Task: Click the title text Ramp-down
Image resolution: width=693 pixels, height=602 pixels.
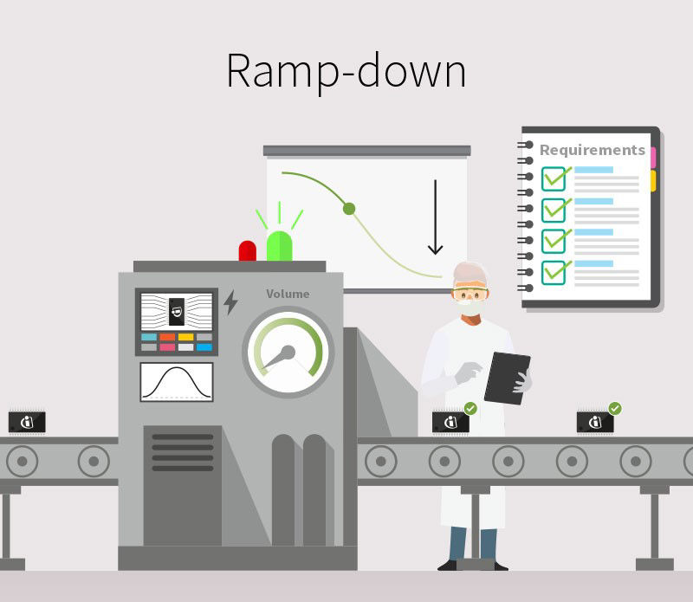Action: point(346,70)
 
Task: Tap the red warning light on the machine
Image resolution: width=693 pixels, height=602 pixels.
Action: point(248,250)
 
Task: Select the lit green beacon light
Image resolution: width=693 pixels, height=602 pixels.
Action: point(279,245)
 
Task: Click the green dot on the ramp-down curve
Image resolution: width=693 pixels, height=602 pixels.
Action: point(349,208)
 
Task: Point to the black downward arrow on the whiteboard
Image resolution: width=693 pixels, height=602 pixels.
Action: point(435,217)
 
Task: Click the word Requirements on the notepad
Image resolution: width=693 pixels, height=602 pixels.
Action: point(593,150)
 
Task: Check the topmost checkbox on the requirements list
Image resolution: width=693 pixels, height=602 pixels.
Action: point(554,178)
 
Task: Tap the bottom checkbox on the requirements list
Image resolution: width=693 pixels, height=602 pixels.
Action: point(554,271)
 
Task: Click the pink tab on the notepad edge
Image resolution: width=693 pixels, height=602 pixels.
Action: point(653,157)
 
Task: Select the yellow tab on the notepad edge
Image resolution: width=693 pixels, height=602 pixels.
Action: point(653,180)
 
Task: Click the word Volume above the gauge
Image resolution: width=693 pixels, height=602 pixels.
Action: point(288,294)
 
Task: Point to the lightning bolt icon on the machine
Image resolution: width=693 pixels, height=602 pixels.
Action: point(230,302)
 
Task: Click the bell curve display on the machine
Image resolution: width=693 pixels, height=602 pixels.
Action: point(177,382)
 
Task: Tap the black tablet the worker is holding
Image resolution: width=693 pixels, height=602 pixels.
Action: point(507,378)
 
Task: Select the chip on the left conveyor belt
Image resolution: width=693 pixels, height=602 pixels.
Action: point(27,422)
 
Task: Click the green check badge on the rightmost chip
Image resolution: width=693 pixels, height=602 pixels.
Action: point(615,407)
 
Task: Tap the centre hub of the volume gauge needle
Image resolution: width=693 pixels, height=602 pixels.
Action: point(288,352)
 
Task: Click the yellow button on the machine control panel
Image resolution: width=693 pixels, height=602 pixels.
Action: point(185,337)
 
